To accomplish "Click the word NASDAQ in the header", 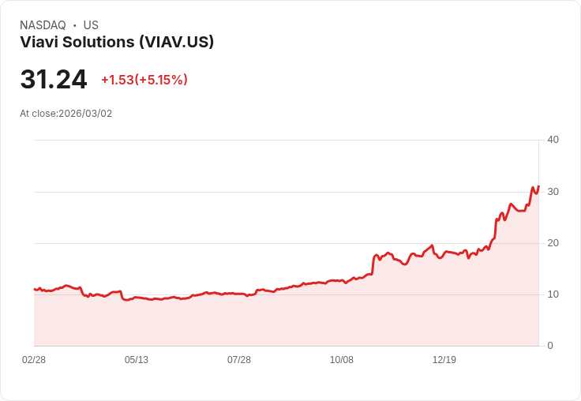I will (43, 25).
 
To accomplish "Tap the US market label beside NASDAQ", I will (91, 25).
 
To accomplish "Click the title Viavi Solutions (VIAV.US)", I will (117, 43).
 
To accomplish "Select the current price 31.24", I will (54, 80).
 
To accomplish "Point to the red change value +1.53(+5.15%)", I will (144, 80).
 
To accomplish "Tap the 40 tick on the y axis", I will (553, 140).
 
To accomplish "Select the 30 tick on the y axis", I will (553, 192).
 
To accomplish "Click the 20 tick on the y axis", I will (553, 243).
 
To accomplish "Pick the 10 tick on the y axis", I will (553, 294).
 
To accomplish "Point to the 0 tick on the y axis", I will (550, 346).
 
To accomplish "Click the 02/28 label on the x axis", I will (34, 360).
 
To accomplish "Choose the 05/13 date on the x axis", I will (137, 360).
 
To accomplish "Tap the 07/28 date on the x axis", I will (239, 360).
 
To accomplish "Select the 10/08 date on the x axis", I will (342, 360).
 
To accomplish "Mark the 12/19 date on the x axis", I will (444, 360).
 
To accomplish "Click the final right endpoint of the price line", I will (538, 187).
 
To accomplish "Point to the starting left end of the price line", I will (35, 289).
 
